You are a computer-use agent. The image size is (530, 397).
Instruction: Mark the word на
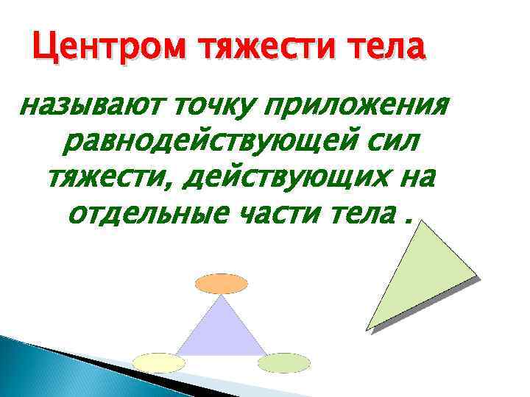click(415, 177)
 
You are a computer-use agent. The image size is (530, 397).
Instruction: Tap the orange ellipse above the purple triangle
click(221, 283)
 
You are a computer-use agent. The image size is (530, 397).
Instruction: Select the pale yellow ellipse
click(159, 362)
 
